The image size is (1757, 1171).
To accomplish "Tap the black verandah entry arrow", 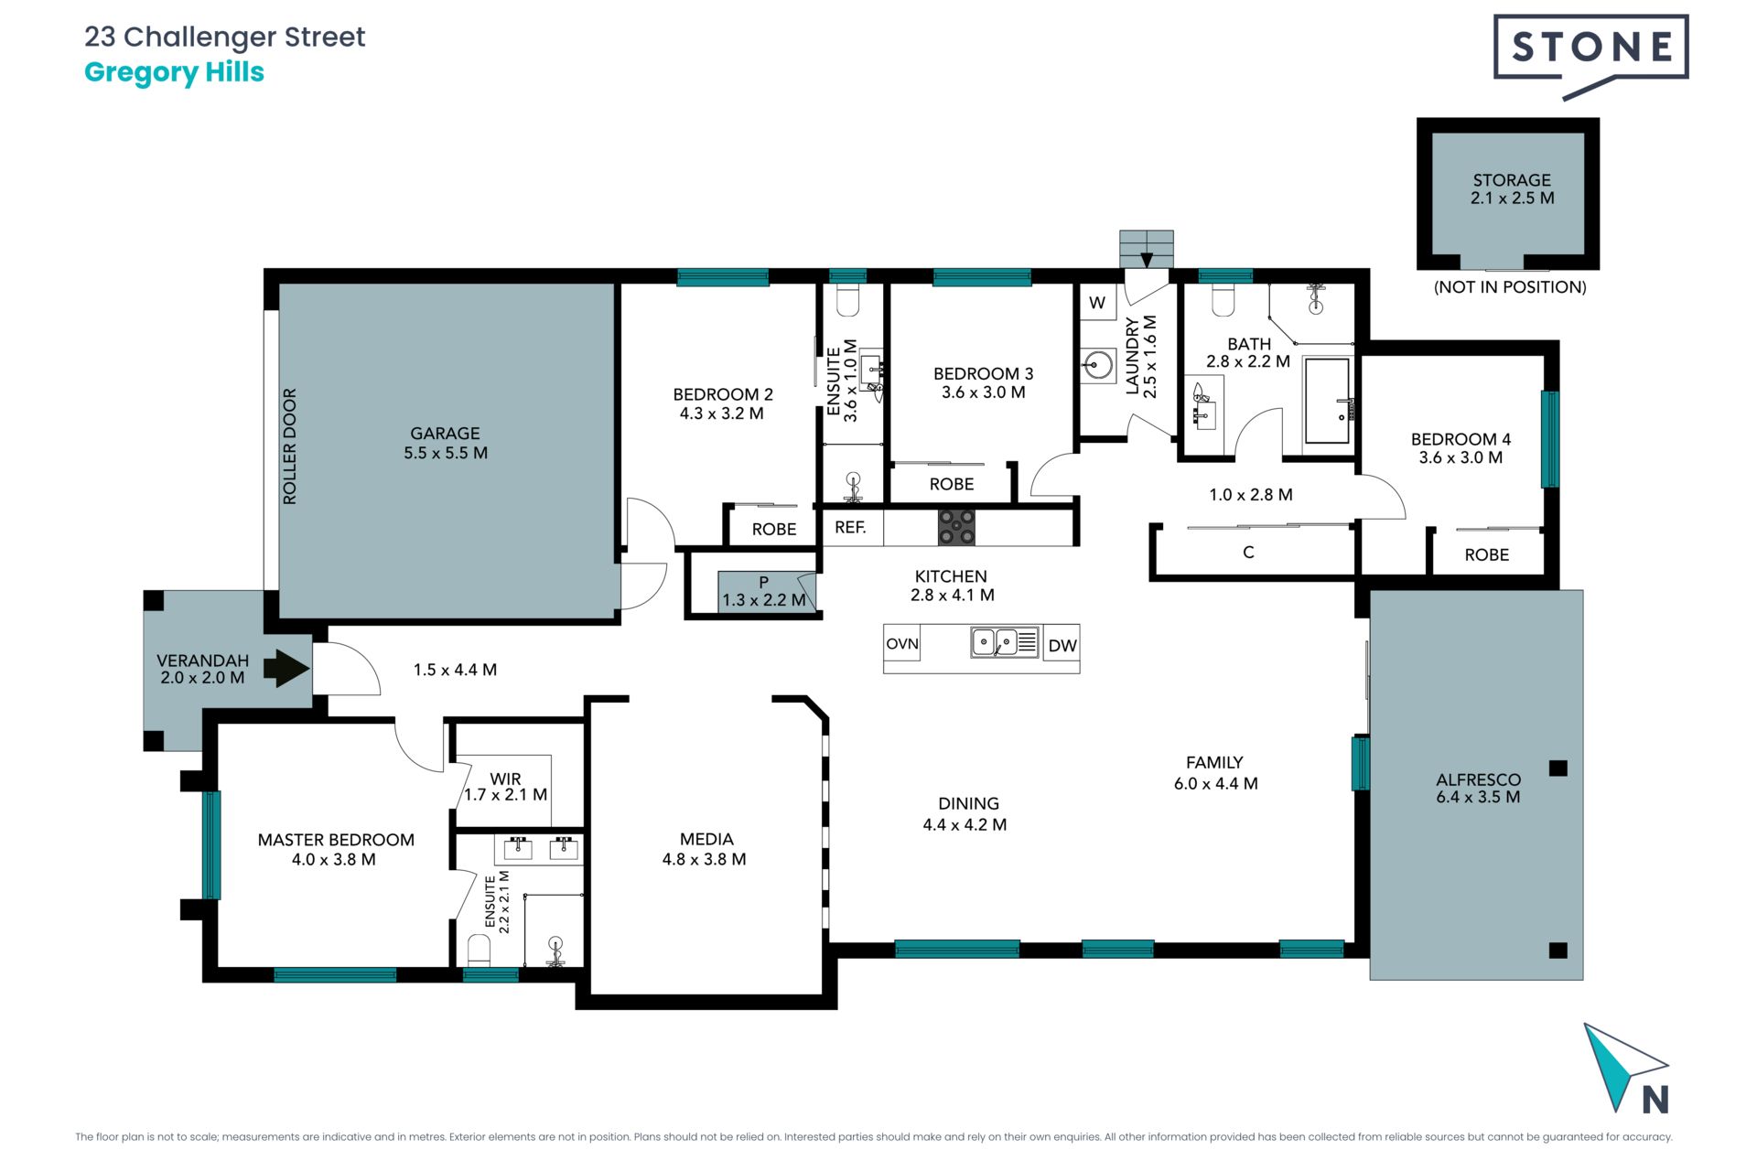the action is pos(286,668).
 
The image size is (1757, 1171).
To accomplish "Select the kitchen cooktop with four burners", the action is pos(956,528).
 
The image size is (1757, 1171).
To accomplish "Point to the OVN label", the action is pos(902,643).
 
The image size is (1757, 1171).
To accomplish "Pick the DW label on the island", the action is pos(1062,646).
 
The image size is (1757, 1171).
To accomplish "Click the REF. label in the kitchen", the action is pos(850,527).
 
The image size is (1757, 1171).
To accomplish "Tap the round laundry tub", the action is pos(1096,366).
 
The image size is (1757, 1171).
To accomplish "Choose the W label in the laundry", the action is pos(1097,303).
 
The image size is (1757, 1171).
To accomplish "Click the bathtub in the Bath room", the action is pos(1327,401).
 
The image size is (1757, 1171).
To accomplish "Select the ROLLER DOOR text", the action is pos(290,446).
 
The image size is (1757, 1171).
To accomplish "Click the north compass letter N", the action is pos(1655,1099).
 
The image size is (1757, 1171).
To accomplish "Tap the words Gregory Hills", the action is pos(174,72).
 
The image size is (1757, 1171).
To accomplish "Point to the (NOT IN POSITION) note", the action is pos(1510,287).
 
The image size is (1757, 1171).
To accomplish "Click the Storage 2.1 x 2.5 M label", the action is pos(1512,189).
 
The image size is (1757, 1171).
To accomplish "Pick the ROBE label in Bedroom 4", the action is pos(1487,555).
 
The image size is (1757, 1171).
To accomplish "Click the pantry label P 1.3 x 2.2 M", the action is pos(764,592).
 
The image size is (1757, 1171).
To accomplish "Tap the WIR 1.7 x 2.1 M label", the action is pos(505,787).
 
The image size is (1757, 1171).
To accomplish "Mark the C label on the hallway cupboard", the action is pos(1248,553).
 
